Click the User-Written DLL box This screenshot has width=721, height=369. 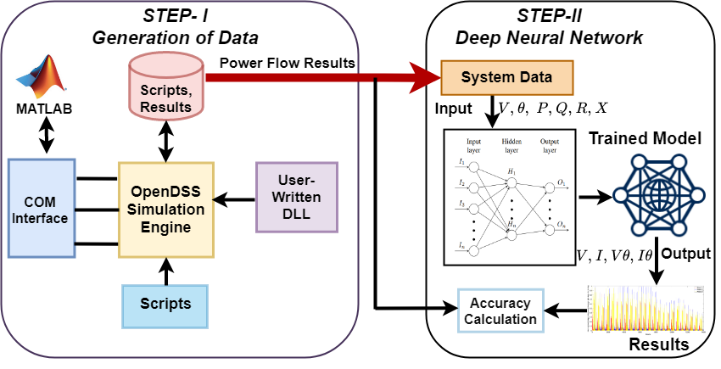tap(296, 196)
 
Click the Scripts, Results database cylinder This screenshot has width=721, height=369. tap(167, 86)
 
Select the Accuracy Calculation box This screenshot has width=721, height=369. tap(500, 310)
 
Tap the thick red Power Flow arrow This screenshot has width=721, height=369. tap(322, 79)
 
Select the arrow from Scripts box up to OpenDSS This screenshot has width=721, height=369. tap(166, 271)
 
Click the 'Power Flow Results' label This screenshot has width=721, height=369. tap(287, 62)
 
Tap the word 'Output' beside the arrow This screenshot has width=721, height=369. tap(686, 253)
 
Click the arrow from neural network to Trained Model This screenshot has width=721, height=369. tap(596, 198)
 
